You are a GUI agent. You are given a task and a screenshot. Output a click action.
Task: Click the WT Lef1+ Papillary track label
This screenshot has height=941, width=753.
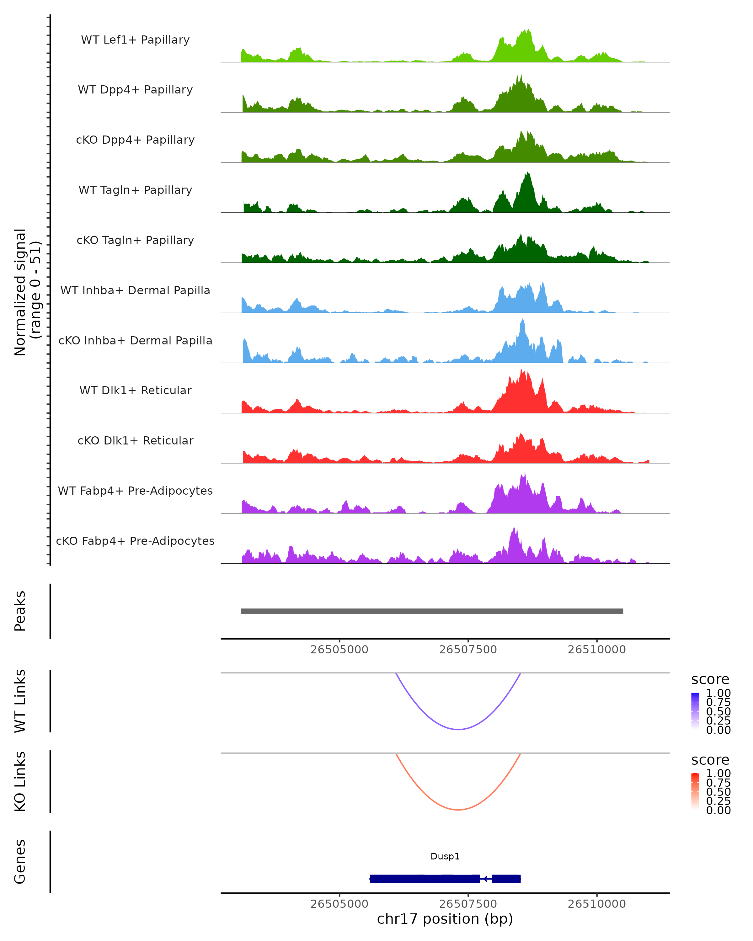click(x=135, y=40)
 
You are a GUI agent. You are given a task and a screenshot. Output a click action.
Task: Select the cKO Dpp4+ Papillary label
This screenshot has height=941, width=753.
click(x=135, y=140)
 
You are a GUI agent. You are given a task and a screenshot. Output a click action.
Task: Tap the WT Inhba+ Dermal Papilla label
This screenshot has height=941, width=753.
click(x=135, y=291)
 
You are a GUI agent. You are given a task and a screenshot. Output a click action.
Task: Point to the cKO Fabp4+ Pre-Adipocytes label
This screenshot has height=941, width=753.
click(x=135, y=541)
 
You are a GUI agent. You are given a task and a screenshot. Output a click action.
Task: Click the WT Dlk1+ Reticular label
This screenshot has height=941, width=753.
click(x=135, y=391)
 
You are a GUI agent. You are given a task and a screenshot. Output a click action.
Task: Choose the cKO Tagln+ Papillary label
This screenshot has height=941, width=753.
click(x=135, y=241)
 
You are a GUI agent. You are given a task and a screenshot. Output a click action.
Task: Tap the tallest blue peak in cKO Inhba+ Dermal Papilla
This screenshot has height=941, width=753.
click(x=522, y=320)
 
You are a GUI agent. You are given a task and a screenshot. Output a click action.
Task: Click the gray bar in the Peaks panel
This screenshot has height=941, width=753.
click(x=432, y=611)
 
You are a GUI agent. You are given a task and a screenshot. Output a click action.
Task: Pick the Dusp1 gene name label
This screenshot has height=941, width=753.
click(x=445, y=856)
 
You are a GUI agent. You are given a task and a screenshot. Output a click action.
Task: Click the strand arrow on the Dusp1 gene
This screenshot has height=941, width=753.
click(x=485, y=879)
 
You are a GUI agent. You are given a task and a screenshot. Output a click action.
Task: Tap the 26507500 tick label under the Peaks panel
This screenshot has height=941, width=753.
click(x=468, y=650)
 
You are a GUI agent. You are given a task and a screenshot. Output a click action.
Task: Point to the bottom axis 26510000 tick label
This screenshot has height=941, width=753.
click(x=597, y=904)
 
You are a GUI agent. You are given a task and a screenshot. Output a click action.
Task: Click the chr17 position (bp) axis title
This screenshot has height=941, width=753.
click(x=445, y=919)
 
